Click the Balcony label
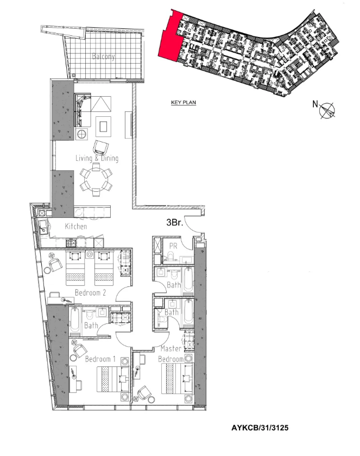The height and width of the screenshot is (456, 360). tap(103, 56)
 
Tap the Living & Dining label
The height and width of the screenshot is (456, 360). tap(97, 158)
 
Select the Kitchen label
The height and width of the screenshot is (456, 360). tap(76, 226)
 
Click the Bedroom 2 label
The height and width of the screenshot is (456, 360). tap(90, 292)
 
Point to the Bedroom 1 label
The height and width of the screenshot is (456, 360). tap(100, 359)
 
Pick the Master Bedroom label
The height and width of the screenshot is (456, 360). tap(172, 354)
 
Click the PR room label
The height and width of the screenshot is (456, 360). tap(173, 246)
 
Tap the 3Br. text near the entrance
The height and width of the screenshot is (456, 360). tap(175, 223)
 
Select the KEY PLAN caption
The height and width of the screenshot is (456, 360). tap(184, 102)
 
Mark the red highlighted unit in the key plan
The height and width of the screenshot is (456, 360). tap(171, 36)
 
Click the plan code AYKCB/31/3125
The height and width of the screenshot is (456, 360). tap(260, 428)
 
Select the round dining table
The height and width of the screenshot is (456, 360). tap(96, 180)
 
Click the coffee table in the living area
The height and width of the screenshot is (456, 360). tap(103, 127)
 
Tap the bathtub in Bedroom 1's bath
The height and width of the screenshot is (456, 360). tap(75, 321)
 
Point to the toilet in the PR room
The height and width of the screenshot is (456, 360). tap(171, 255)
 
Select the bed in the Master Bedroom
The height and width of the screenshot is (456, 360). tap(177, 378)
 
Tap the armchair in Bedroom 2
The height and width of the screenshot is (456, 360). tap(55, 264)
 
